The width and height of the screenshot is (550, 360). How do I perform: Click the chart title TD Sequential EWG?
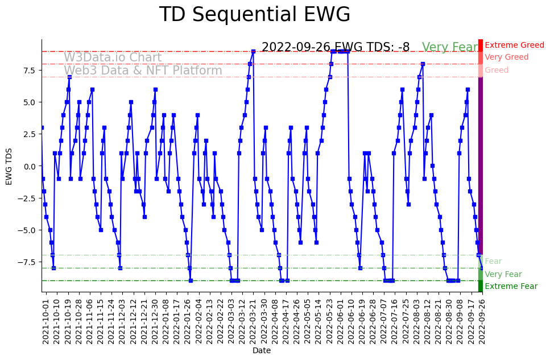point(254,15)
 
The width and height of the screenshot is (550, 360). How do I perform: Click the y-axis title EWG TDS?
point(9,165)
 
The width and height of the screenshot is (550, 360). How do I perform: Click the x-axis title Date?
point(262,350)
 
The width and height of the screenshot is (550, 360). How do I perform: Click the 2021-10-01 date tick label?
point(46,322)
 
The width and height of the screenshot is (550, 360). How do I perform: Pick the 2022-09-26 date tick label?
point(482,322)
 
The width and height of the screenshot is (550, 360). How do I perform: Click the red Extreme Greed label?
point(514,45)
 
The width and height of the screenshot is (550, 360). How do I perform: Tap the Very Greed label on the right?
point(506,57)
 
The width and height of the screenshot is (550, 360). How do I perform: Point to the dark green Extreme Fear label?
point(511,287)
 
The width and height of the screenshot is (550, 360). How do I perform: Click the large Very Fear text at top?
point(450,47)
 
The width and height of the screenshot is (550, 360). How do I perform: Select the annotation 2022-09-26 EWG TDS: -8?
point(336,47)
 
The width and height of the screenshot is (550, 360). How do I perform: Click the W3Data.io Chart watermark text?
point(113,57)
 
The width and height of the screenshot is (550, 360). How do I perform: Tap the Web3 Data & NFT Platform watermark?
point(143,71)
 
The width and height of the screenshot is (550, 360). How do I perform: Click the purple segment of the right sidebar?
point(481,165)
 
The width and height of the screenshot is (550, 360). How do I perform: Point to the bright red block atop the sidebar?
point(481,45)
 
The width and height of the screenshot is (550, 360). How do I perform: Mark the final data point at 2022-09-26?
point(482,268)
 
